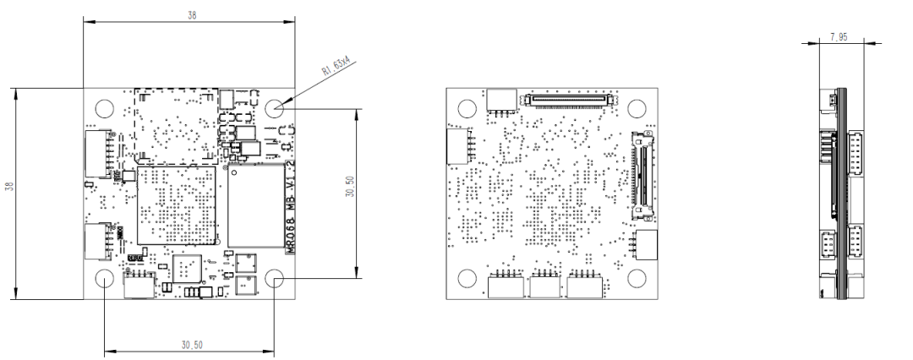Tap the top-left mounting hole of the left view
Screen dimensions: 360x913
pos(104,108)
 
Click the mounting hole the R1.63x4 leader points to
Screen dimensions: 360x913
pos(276,108)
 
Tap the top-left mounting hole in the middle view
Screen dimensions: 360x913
pos(466,108)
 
